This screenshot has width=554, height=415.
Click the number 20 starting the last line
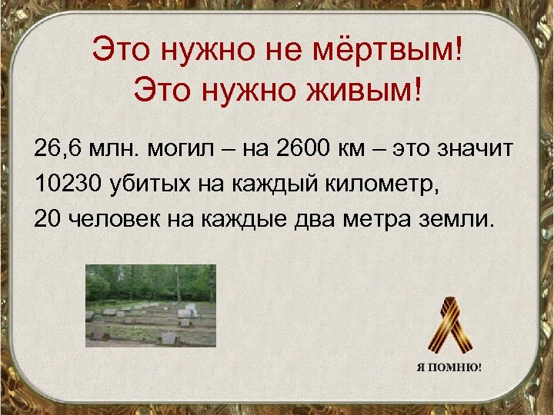(45, 221)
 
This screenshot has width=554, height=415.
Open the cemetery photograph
(150, 305)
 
